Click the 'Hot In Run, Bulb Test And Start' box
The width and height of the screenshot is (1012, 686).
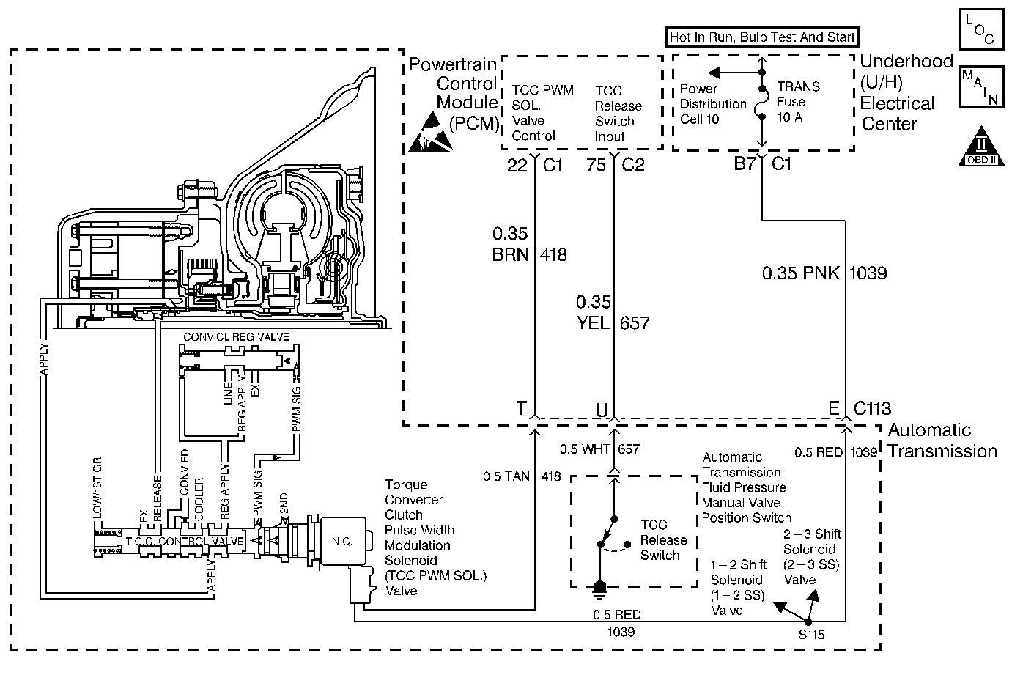pyautogui.click(x=762, y=37)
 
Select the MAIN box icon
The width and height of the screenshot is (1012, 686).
pyautogui.click(x=981, y=86)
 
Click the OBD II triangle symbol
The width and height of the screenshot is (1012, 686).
pyautogui.click(x=981, y=147)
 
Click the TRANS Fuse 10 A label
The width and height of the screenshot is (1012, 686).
pyautogui.click(x=798, y=102)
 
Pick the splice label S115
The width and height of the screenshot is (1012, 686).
pyautogui.click(x=811, y=635)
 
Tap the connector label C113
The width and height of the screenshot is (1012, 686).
pyautogui.click(x=872, y=408)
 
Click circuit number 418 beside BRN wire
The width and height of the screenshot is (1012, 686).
pyautogui.click(x=553, y=254)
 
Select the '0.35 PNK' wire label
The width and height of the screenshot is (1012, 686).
pyautogui.click(x=800, y=273)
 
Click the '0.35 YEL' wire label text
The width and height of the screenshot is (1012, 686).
pyautogui.click(x=593, y=312)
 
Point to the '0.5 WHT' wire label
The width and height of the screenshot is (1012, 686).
pyautogui.click(x=585, y=449)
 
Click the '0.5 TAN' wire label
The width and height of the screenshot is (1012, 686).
pyautogui.click(x=506, y=476)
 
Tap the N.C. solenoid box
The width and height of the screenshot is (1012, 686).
pyautogui.click(x=342, y=541)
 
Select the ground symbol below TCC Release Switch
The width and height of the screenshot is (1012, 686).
pyautogui.click(x=599, y=589)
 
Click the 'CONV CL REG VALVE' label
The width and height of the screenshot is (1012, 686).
pyautogui.click(x=236, y=336)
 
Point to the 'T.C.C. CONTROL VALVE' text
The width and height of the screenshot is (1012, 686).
pyautogui.click(x=185, y=541)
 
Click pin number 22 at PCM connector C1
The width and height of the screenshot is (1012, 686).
pyautogui.click(x=517, y=165)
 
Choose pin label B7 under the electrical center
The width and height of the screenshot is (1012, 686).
pyautogui.click(x=745, y=163)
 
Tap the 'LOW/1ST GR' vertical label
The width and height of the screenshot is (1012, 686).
pyautogui.click(x=97, y=487)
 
